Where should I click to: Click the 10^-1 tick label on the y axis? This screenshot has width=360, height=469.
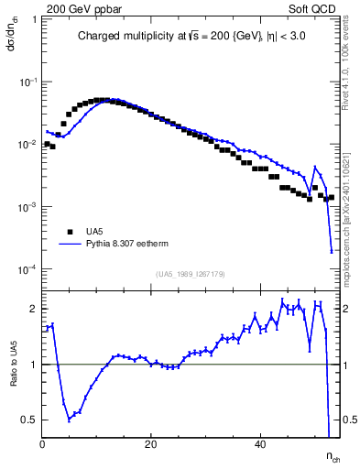pyautogui.click(x=27, y=82)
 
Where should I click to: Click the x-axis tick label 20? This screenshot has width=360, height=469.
pyautogui.click(x=151, y=443)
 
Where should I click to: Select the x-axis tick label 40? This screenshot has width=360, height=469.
pyautogui.click(x=260, y=443)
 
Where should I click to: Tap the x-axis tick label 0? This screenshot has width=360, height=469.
pyautogui.click(x=43, y=443)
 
